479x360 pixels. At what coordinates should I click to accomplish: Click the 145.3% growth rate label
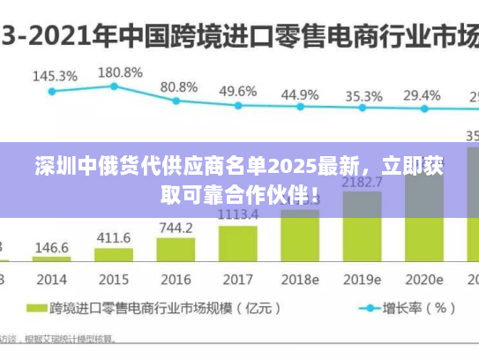click(55, 77)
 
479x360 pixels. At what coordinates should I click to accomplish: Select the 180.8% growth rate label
click(119, 72)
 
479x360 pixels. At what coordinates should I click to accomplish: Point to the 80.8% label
click(179, 87)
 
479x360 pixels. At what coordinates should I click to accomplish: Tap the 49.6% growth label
click(237, 91)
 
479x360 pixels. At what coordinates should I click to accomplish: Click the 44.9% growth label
click(300, 94)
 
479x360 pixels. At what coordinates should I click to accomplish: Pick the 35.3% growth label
click(363, 96)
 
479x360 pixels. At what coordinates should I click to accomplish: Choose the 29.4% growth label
click(422, 95)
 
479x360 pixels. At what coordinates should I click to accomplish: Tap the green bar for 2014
click(53, 259)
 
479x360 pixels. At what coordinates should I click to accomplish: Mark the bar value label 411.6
click(114, 238)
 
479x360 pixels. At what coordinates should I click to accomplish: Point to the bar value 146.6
click(53, 248)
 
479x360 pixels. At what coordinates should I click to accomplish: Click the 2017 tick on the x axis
click(237, 280)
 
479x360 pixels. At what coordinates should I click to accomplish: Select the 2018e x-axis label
click(299, 280)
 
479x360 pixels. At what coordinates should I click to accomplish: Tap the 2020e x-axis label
click(423, 280)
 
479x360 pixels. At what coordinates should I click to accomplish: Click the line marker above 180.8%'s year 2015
click(114, 86)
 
